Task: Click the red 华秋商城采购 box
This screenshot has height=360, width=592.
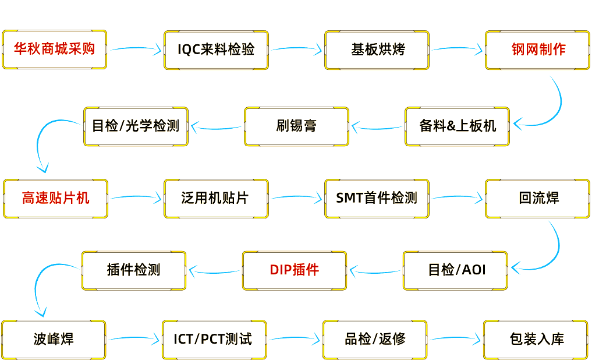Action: (x=54, y=50)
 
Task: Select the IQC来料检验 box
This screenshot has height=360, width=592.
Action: (x=216, y=50)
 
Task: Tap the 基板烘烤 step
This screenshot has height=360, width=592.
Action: (x=377, y=50)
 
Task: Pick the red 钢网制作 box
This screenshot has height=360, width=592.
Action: (x=537, y=50)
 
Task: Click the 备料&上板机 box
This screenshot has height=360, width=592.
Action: (x=457, y=126)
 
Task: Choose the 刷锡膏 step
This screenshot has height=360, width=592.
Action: (x=296, y=126)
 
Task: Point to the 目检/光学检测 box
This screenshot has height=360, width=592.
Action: (x=136, y=126)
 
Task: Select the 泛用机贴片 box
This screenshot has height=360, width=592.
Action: (x=216, y=198)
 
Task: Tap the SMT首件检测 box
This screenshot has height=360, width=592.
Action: (x=377, y=198)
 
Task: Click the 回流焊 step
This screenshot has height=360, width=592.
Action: (x=537, y=198)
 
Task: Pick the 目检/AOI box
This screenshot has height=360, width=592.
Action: (x=455, y=270)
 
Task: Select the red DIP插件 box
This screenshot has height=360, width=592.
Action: (x=295, y=270)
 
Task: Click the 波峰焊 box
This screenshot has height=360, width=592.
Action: (x=54, y=339)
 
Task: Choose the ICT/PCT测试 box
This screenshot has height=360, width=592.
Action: (x=214, y=339)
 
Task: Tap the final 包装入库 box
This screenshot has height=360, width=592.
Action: (x=536, y=339)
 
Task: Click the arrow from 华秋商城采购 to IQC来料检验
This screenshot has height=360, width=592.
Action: (x=135, y=50)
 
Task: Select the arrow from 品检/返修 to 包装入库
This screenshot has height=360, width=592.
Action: (x=456, y=338)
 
